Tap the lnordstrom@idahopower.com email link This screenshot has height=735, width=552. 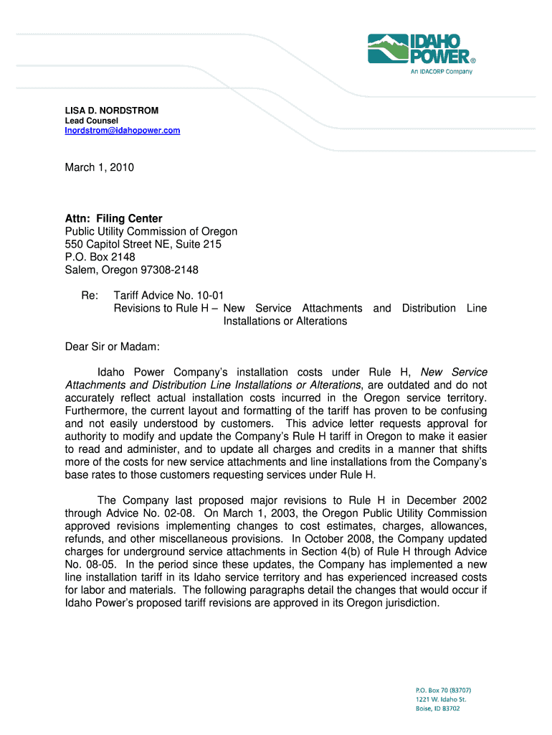click(x=123, y=131)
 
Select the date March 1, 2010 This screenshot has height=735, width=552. click(x=100, y=167)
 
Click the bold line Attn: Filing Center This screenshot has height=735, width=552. click(x=113, y=218)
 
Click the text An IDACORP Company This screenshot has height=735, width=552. click(x=441, y=72)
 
